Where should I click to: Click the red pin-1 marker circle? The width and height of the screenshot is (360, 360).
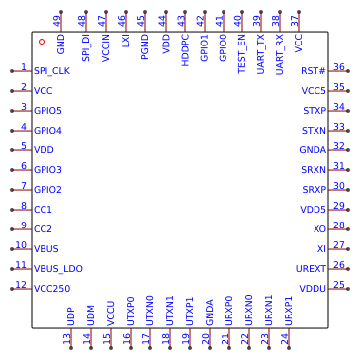click(x=42, y=42)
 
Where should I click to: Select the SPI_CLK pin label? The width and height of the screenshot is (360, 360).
click(x=51, y=71)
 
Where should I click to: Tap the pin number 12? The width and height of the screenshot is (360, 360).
click(x=21, y=285)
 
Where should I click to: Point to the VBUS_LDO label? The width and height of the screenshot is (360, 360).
click(x=58, y=269)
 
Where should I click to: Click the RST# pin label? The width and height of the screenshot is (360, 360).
click(x=314, y=71)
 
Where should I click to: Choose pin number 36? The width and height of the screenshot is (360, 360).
click(x=339, y=67)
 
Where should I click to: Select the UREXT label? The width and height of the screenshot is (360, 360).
click(x=311, y=269)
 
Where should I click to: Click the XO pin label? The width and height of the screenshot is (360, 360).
click(x=319, y=229)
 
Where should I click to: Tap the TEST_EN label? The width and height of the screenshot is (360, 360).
click(x=241, y=53)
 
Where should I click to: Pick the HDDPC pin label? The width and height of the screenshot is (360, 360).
click(x=185, y=50)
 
